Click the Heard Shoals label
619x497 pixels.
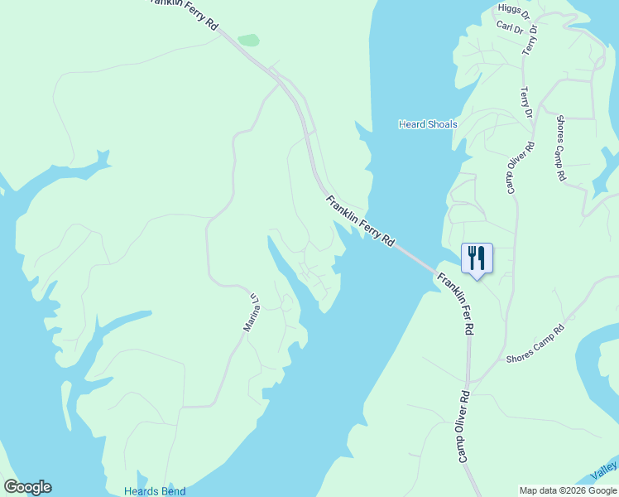click(x=428, y=124)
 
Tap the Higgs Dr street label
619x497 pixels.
click(x=513, y=9)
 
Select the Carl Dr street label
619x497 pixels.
click(x=510, y=27)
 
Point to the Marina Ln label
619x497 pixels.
click(x=252, y=313)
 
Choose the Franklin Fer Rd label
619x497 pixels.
click(x=456, y=303)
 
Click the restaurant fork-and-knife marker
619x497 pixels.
click(x=476, y=258)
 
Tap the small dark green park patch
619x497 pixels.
click(x=248, y=40)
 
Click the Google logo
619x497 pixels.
click(x=27, y=487)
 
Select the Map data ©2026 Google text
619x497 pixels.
click(x=568, y=490)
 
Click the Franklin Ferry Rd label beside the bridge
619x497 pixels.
click(x=360, y=221)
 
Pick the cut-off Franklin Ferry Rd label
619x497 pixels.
click(x=184, y=12)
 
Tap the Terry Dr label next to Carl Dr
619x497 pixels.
click(x=530, y=39)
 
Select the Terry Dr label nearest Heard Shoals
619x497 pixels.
click(x=524, y=103)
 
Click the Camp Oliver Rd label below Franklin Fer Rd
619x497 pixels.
click(x=463, y=426)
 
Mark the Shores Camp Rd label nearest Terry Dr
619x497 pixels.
click(x=560, y=148)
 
